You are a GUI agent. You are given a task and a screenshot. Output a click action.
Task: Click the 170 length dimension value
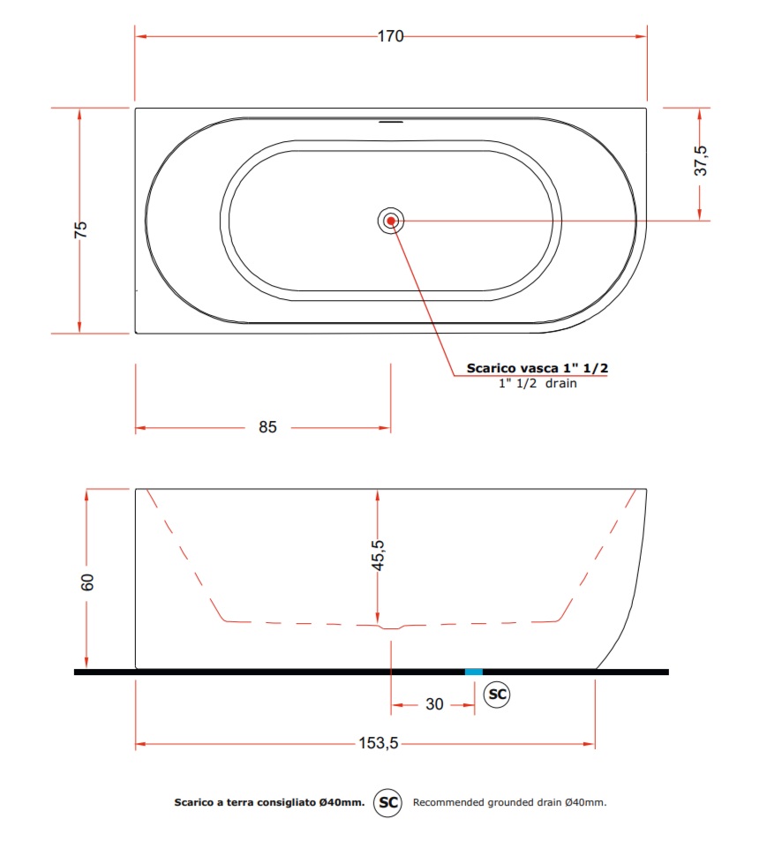click(x=390, y=36)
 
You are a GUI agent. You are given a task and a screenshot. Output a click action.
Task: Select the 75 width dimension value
click(x=80, y=229)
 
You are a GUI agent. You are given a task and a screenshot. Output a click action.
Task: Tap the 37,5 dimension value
click(x=701, y=161)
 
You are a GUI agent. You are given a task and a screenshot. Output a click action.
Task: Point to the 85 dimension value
click(x=267, y=427)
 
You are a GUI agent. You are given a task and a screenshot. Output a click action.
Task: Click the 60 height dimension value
click(x=86, y=582)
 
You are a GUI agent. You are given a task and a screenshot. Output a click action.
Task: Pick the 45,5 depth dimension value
click(x=378, y=555)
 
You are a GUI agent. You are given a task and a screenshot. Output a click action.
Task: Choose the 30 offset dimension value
click(x=434, y=703)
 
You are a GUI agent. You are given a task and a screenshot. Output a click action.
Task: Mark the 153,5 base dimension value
click(x=379, y=743)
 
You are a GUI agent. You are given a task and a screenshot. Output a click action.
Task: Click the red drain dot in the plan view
click(x=391, y=221)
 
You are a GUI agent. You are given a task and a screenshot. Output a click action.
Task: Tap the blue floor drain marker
click(x=474, y=672)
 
